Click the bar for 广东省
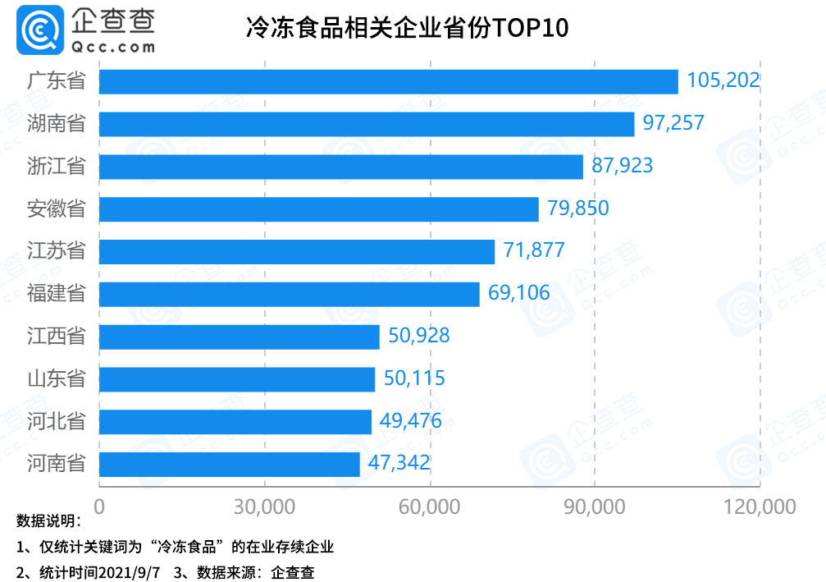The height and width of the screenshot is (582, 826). click(388, 81)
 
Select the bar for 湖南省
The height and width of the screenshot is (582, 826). click(367, 124)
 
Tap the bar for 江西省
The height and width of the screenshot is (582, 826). click(239, 337)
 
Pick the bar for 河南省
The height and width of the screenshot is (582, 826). click(229, 464)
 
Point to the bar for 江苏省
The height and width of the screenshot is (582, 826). click(296, 251)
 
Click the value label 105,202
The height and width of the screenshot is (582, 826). click(723, 80)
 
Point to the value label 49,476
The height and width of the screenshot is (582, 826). click(411, 421)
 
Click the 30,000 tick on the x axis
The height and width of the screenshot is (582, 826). click(265, 506)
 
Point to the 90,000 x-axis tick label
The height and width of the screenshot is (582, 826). click(596, 506)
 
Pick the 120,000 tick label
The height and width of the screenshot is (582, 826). click(760, 506)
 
